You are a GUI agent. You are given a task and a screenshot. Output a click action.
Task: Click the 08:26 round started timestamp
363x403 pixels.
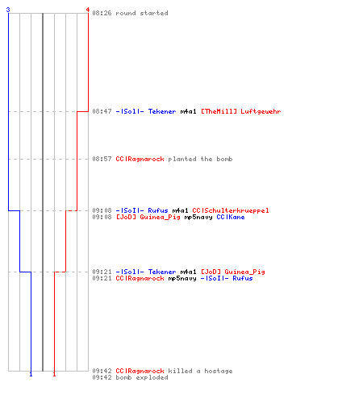click(102, 13)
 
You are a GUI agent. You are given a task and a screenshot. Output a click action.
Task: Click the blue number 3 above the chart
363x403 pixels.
click(8, 10)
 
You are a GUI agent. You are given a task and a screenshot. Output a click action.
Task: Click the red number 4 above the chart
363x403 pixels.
click(88, 10)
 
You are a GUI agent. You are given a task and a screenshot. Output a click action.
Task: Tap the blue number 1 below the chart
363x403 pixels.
click(31, 374)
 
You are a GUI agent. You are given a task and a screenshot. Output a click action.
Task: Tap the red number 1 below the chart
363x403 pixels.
click(54, 374)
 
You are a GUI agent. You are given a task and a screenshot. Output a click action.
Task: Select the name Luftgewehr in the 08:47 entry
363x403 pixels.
click(261, 111)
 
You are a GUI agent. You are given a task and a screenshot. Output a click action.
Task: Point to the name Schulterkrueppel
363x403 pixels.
click(236, 210)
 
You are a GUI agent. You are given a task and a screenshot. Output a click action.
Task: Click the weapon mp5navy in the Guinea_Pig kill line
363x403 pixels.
click(198, 217)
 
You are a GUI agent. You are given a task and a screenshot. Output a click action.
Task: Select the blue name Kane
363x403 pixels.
click(236, 217)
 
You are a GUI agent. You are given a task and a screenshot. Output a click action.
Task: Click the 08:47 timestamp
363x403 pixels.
click(102, 111)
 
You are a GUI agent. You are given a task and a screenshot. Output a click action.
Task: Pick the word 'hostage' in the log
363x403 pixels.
click(219, 371)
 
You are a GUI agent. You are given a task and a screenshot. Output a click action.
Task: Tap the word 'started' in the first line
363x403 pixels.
click(154, 13)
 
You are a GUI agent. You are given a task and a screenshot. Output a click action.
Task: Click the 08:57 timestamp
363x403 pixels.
click(102, 159)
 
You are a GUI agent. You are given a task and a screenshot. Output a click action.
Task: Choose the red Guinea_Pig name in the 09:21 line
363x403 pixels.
click(244, 272)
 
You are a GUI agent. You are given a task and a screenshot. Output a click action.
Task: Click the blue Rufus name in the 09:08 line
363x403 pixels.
click(158, 210)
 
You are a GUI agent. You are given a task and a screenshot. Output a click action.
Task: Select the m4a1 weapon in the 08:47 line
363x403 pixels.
click(188, 111)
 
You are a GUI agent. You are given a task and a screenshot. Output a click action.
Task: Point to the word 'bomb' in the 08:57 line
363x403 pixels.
click(224, 159)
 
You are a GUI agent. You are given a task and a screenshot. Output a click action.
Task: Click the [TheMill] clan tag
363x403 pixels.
click(219, 111)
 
